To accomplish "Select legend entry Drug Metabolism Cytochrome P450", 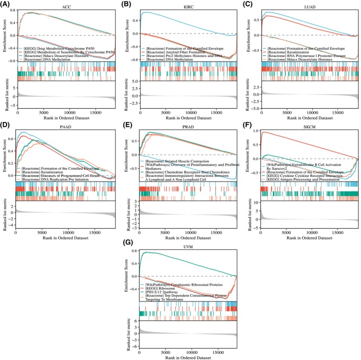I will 60,44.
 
